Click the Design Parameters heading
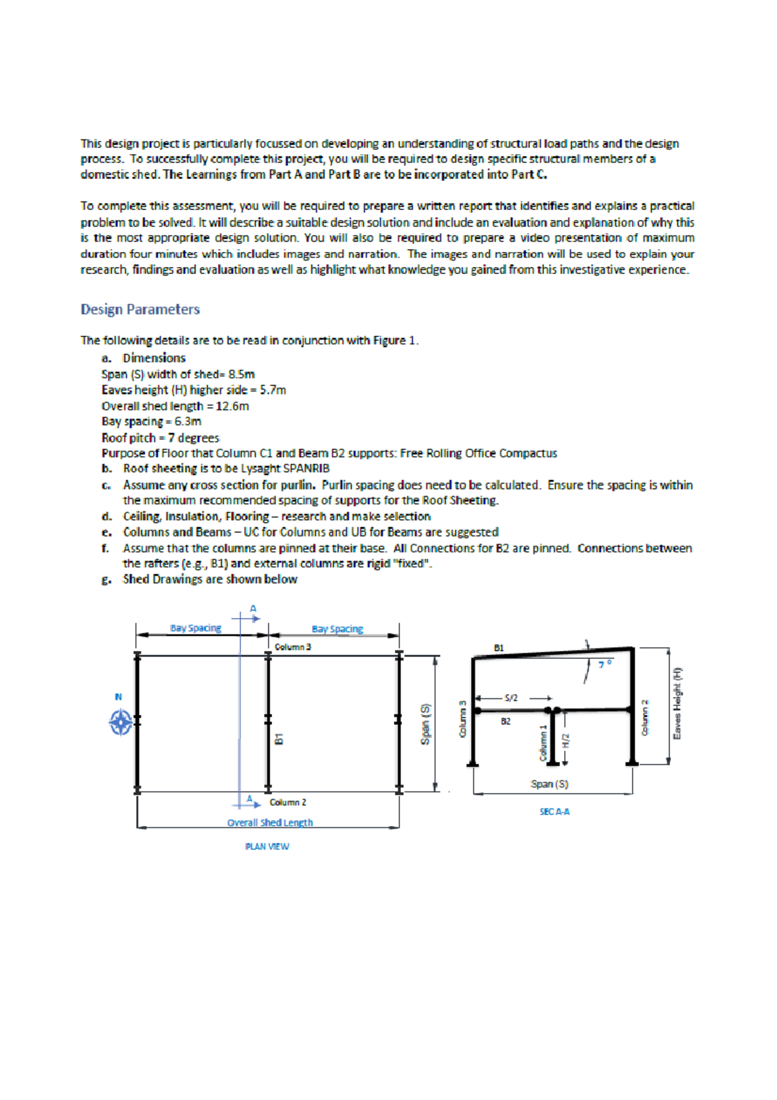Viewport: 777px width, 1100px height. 140,310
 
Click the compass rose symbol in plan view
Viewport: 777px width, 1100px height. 120,722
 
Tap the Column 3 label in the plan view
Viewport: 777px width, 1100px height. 293,647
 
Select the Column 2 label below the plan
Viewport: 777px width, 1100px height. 288,803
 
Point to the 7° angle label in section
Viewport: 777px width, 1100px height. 605,665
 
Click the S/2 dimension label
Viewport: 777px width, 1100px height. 512,698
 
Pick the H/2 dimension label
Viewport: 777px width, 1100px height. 565,740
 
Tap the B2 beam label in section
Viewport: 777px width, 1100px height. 505,721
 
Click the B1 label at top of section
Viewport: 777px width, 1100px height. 499,648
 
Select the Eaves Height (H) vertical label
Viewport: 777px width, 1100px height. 677,704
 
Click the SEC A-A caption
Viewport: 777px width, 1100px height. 554,812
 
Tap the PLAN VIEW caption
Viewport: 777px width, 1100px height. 267,847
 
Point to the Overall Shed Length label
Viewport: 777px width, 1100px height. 270,823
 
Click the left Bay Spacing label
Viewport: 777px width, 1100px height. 196,628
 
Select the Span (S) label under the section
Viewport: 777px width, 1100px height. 549,785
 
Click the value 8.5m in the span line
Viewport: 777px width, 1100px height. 241,374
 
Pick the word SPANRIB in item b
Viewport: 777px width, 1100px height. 306,468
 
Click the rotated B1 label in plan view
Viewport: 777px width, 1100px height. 279,739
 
